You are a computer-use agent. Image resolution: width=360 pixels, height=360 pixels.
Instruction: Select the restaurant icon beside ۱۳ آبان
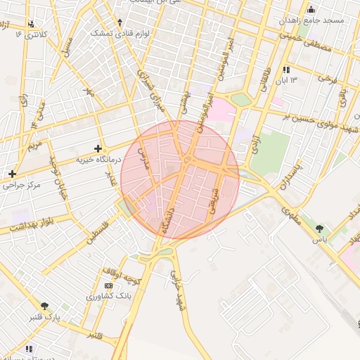(286, 70)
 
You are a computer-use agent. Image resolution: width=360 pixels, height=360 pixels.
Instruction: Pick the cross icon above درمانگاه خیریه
(98, 148)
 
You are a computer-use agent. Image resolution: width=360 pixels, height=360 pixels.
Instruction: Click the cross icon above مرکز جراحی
(12, 174)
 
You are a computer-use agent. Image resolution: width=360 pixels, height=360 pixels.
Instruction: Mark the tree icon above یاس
(320, 229)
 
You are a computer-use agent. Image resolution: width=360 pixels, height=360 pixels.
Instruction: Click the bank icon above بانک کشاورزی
(108, 286)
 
